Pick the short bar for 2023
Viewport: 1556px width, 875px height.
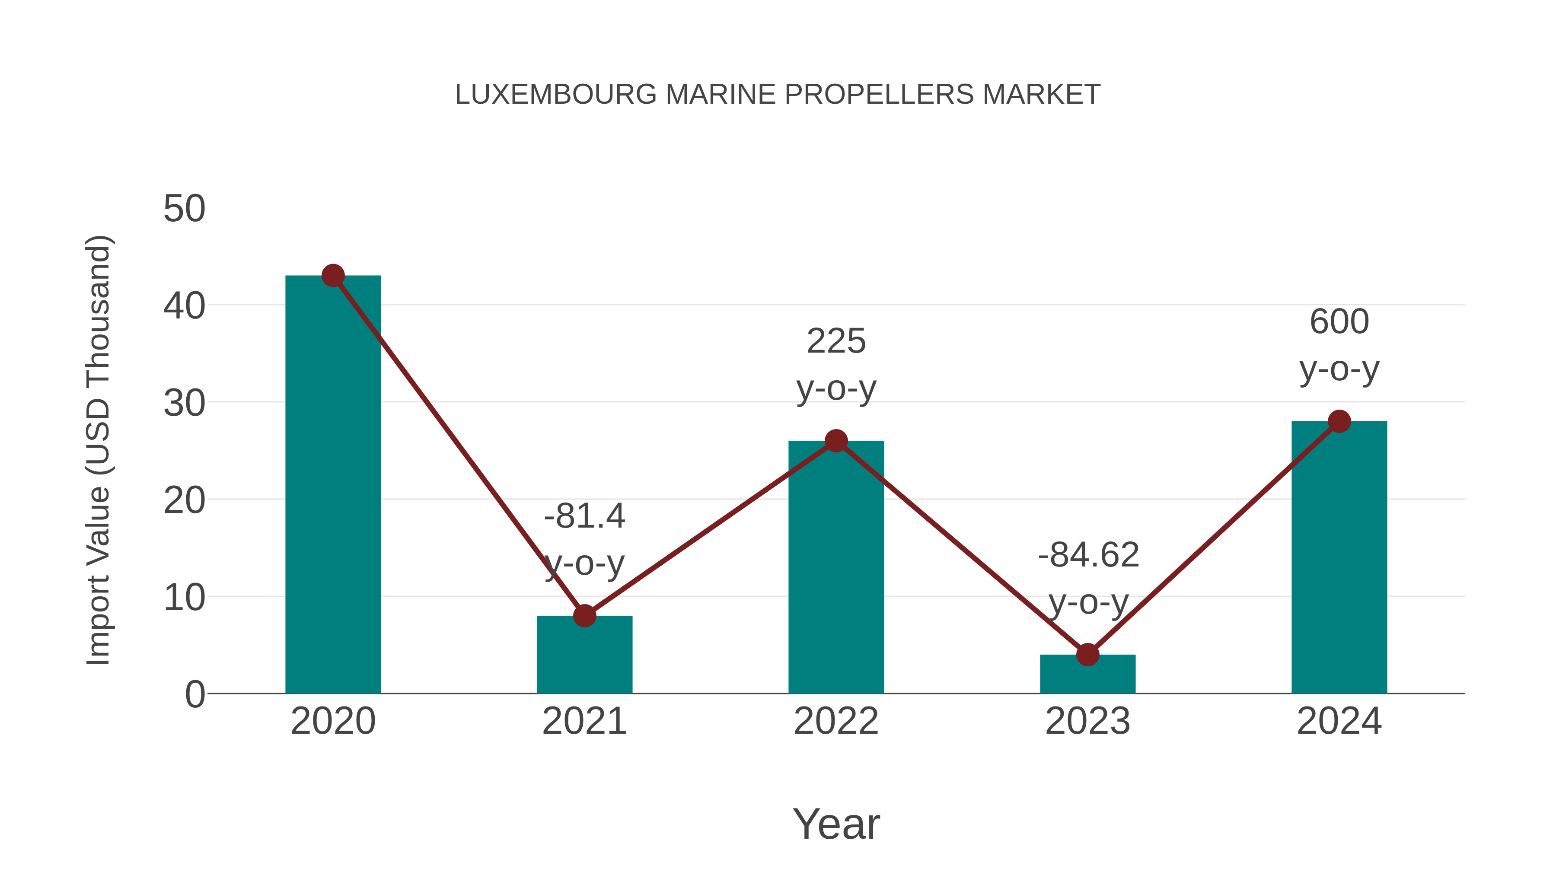pos(1087,675)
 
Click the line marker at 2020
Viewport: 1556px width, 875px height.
pos(333,276)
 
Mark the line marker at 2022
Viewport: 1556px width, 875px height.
pos(836,441)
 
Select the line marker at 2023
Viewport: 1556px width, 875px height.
pos(1087,655)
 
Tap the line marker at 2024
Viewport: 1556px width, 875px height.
pos(1339,421)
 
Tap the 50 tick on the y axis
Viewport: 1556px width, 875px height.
pos(184,209)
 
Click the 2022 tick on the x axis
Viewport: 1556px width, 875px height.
pos(836,721)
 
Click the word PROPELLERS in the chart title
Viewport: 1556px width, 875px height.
pos(880,95)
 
